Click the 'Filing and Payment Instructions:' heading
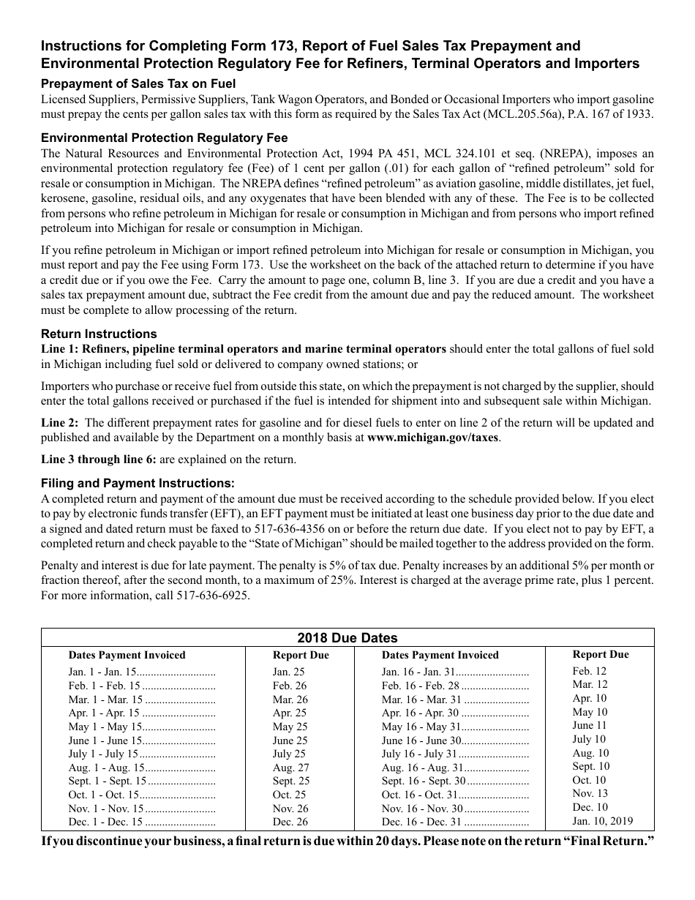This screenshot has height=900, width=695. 138,483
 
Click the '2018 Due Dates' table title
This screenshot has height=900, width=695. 347,637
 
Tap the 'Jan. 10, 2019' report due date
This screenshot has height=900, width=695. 602,821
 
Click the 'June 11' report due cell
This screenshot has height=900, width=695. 589,725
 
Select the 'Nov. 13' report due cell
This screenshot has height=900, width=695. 590,793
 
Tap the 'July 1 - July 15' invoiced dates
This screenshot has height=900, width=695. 103,754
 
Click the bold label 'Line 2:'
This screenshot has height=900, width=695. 60,422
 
